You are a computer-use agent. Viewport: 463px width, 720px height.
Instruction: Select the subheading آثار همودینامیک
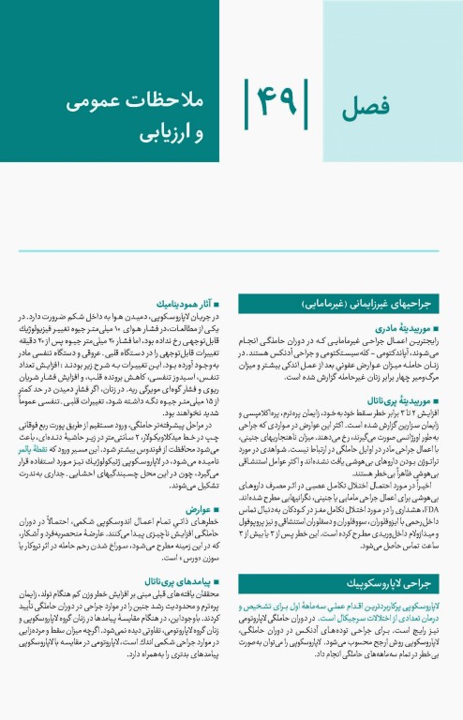coord(184,305)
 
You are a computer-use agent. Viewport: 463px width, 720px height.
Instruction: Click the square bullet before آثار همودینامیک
coord(220,305)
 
